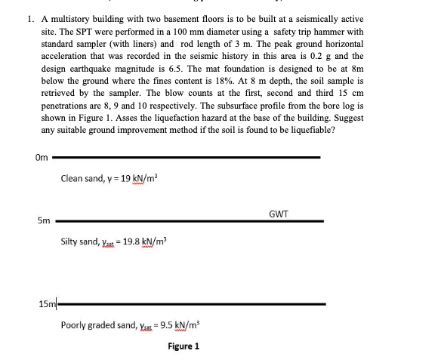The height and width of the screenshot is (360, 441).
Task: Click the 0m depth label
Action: tap(41, 157)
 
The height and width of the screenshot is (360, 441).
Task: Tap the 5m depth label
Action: tap(43, 221)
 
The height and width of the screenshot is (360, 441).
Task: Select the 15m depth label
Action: tap(46, 303)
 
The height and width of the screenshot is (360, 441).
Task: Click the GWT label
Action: tap(278, 214)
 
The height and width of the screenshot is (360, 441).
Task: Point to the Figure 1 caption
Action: tap(183, 346)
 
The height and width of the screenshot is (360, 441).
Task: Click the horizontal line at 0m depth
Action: tap(189, 157)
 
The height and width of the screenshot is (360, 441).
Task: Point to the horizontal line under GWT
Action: tap(189, 221)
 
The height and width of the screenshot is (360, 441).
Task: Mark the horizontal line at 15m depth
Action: tap(189, 303)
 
